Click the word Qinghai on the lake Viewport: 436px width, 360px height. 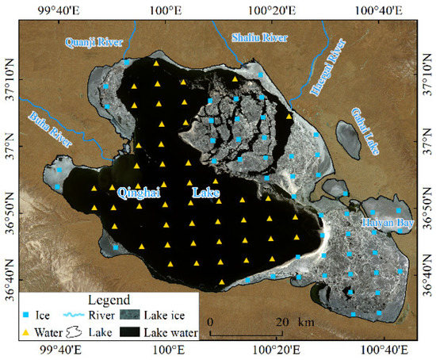tap(142, 193)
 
